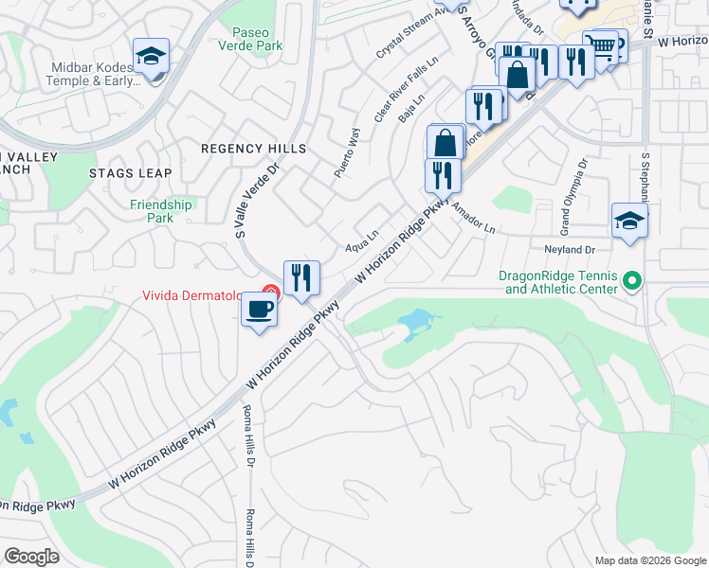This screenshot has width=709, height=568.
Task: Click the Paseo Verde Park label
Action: (x=250, y=37)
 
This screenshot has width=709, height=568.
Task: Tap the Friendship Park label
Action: (x=161, y=211)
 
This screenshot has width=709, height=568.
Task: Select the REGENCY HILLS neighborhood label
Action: (x=253, y=149)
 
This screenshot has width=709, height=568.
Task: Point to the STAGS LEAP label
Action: (x=130, y=173)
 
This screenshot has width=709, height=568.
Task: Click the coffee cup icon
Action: (x=259, y=308)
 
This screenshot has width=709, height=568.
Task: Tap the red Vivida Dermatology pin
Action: (x=271, y=293)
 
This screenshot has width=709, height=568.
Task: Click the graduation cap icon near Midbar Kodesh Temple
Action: (x=151, y=58)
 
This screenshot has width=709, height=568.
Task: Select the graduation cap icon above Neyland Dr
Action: (x=629, y=222)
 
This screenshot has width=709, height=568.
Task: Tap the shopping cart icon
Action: (x=599, y=44)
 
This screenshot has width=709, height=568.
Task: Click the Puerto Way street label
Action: (x=347, y=153)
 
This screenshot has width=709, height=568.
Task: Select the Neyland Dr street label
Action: (x=569, y=249)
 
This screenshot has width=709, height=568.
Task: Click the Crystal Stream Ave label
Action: (x=410, y=35)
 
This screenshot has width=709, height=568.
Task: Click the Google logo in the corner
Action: (x=31, y=556)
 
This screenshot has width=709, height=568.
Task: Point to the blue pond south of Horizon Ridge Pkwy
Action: (x=415, y=324)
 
